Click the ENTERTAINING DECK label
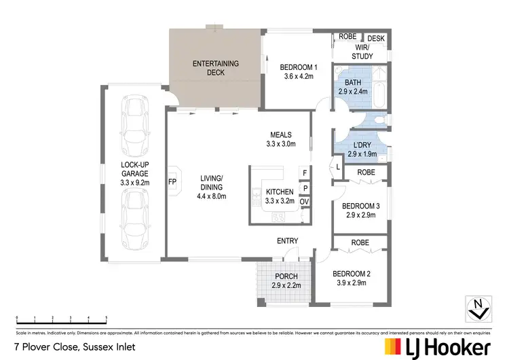click(215, 67)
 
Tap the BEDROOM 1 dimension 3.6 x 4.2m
click(299, 77)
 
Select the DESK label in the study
click(376, 39)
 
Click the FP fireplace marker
click(172, 182)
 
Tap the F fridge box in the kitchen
click(305, 173)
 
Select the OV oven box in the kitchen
click(305, 202)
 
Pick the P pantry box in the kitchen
click(305, 187)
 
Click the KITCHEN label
click(280, 192)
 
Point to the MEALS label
click(280, 134)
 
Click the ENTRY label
click(287, 241)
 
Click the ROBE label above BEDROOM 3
click(366, 173)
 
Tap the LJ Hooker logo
click(437, 347)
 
